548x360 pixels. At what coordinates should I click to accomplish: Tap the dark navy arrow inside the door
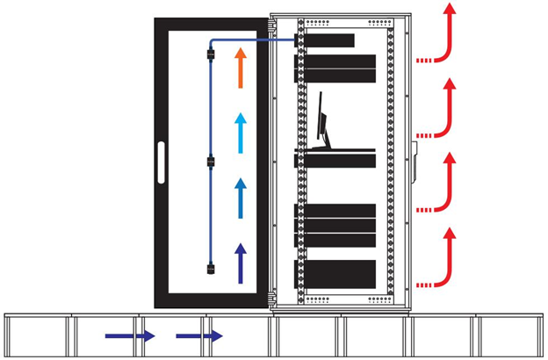point(240,263)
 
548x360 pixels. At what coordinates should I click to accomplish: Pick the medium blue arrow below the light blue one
point(240,198)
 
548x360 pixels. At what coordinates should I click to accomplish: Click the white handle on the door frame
point(160,162)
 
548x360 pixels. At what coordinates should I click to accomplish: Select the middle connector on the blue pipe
point(211,162)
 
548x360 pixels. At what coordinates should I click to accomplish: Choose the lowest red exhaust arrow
point(446,259)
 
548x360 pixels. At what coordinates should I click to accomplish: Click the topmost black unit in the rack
point(329,40)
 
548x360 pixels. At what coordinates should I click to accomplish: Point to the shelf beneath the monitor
point(335,159)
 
